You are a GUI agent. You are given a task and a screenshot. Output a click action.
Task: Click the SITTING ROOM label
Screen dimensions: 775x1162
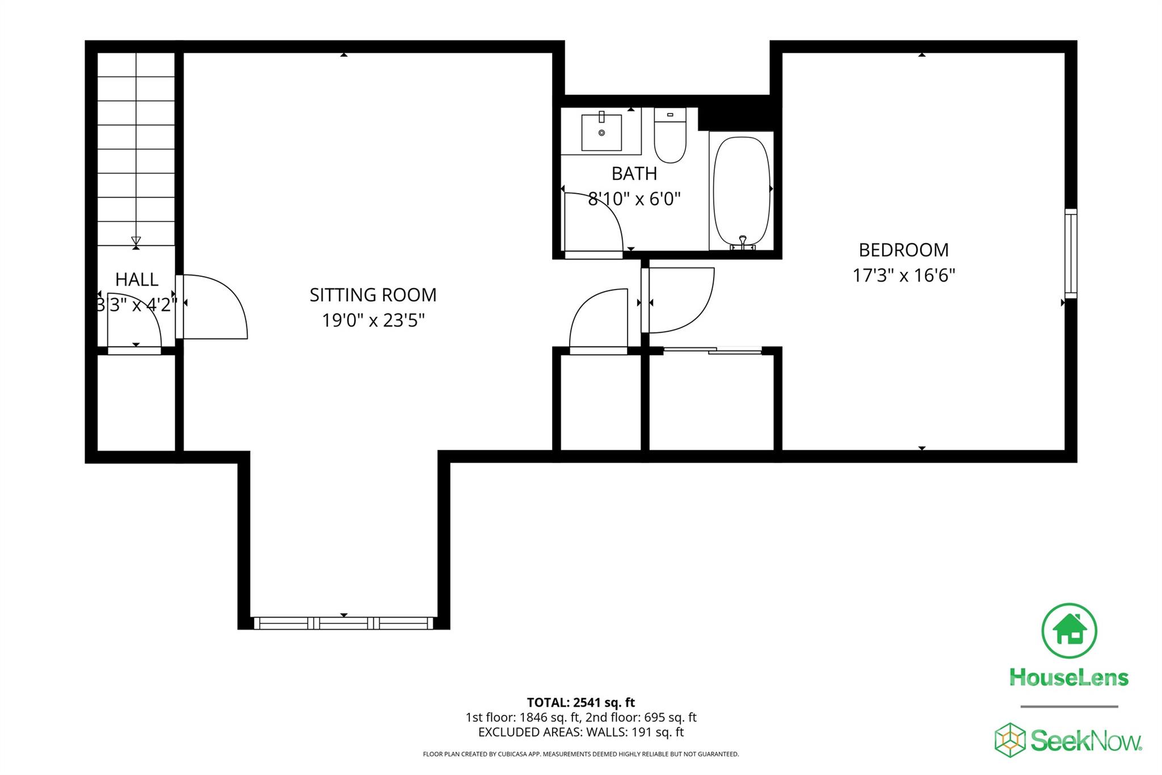373,295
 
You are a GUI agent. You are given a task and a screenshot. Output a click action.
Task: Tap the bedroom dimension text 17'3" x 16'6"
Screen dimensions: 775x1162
903,275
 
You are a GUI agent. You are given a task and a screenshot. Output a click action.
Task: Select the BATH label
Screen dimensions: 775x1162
634,173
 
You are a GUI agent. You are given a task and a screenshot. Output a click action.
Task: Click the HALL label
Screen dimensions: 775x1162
137,279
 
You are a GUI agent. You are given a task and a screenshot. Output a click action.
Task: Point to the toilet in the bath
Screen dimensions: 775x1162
670,136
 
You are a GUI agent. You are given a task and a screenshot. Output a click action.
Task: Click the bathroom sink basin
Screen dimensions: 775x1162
601,132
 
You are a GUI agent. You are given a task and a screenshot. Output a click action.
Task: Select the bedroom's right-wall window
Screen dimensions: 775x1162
1070,253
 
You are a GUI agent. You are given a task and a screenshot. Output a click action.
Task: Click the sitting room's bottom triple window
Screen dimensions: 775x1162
344,623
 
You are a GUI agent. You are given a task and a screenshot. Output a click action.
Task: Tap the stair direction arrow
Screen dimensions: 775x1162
136,240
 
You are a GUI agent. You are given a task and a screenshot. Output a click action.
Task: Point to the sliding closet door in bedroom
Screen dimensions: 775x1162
712,350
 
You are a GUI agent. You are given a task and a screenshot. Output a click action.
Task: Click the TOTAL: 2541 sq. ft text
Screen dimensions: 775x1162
580,702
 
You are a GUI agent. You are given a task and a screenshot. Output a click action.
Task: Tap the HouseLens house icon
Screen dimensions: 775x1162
1069,631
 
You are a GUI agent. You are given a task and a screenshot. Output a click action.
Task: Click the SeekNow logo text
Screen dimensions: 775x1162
1085,741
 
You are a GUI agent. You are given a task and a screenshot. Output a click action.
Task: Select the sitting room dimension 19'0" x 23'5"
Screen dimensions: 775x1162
373,321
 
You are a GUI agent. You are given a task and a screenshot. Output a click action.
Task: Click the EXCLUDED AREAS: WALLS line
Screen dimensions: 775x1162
580,732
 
